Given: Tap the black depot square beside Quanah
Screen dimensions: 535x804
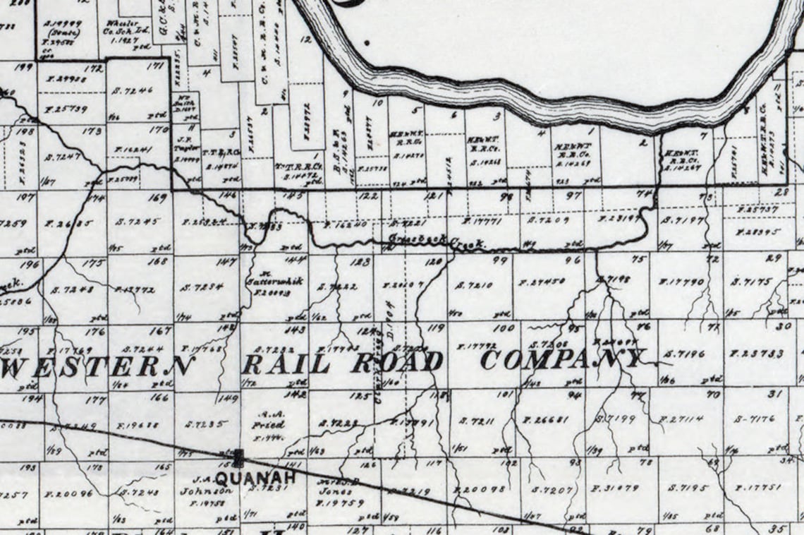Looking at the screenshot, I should coord(238,458).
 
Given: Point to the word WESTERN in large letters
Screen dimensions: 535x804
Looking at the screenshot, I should coord(98,365).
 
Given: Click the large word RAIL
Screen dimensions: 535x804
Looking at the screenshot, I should coord(286,364).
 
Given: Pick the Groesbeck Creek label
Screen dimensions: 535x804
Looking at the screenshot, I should coord(437,241).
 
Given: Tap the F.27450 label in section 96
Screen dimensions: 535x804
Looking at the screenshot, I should coord(542,282).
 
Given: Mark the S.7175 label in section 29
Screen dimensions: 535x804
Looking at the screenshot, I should coord(752,282).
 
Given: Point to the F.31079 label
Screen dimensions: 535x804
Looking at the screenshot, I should coord(615,487).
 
